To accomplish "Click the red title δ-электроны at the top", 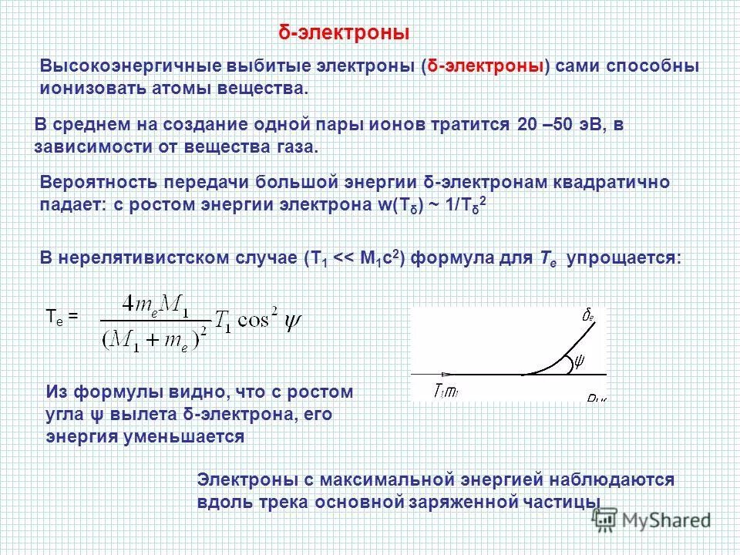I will point(343,33).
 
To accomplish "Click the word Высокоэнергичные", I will point(124,67).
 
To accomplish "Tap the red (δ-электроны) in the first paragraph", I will point(486,67).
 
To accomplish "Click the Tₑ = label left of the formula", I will point(62,315).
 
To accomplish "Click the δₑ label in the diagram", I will point(587,314).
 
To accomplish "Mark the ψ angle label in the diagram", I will point(580,359).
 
